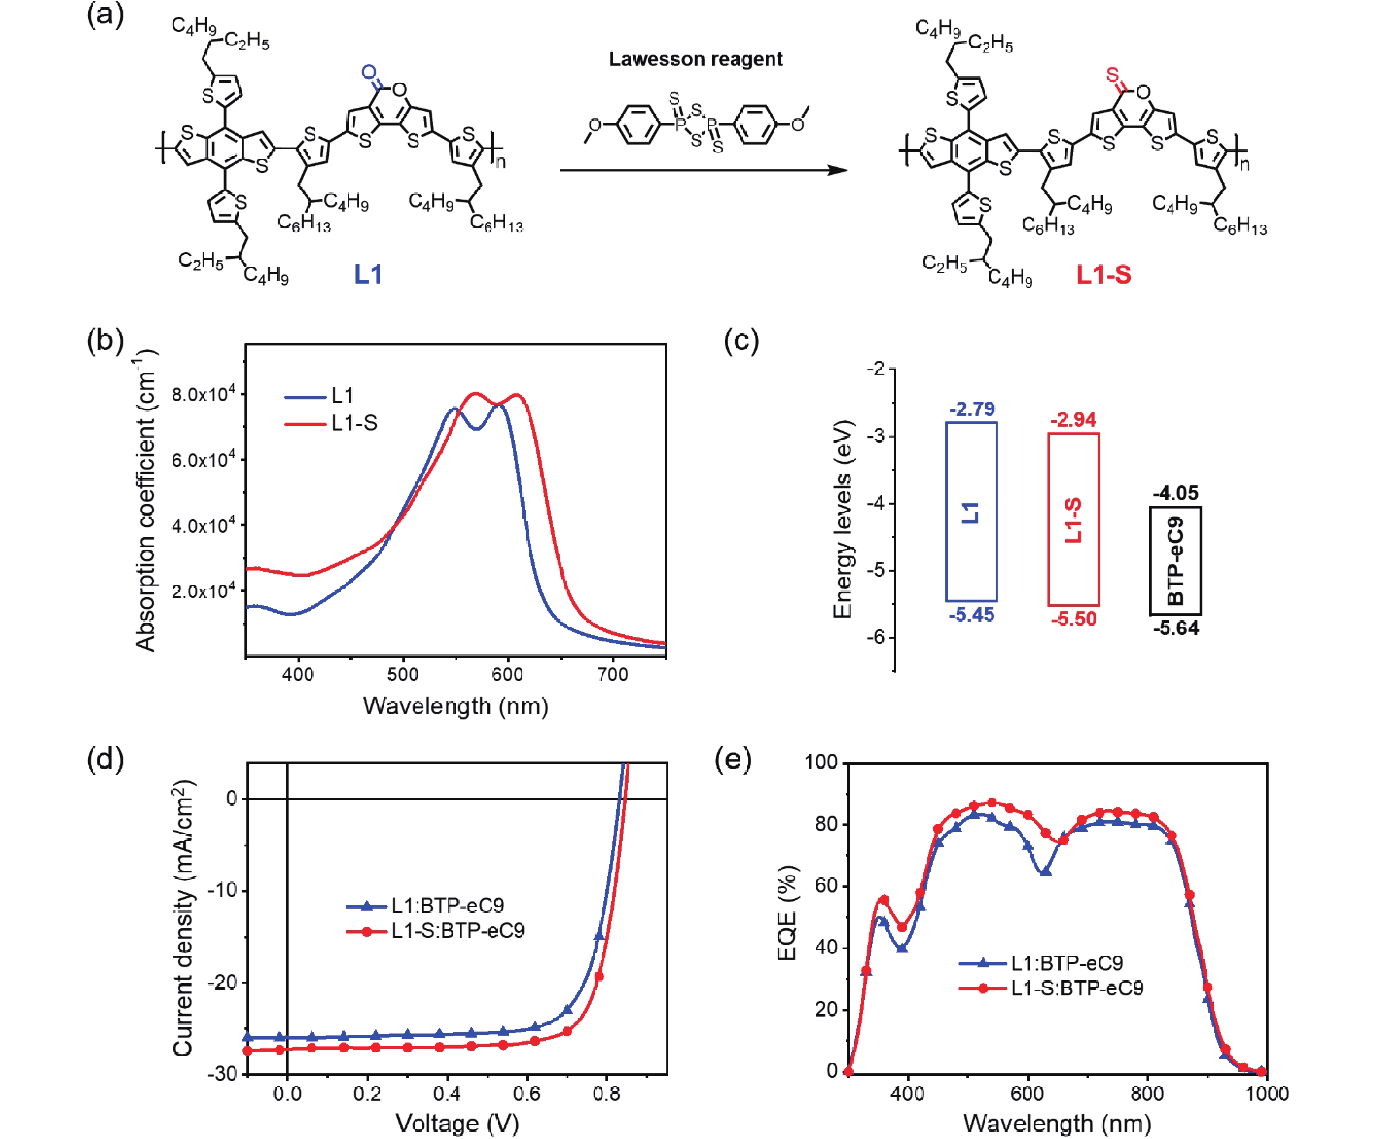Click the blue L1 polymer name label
click(368, 274)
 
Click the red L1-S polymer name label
click(1103, 274)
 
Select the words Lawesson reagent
click(696, 59)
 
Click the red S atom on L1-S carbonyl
click(1112, 75)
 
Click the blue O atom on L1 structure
click(369, 72)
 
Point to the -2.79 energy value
click(971, 409)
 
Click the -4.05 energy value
click(1175, 493)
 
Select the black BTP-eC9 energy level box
click(1175, 560)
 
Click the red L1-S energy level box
click(1073, 519)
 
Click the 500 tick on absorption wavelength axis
click(402, 675)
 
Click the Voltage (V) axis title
click(457, 1123)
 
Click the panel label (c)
click(741, 341)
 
